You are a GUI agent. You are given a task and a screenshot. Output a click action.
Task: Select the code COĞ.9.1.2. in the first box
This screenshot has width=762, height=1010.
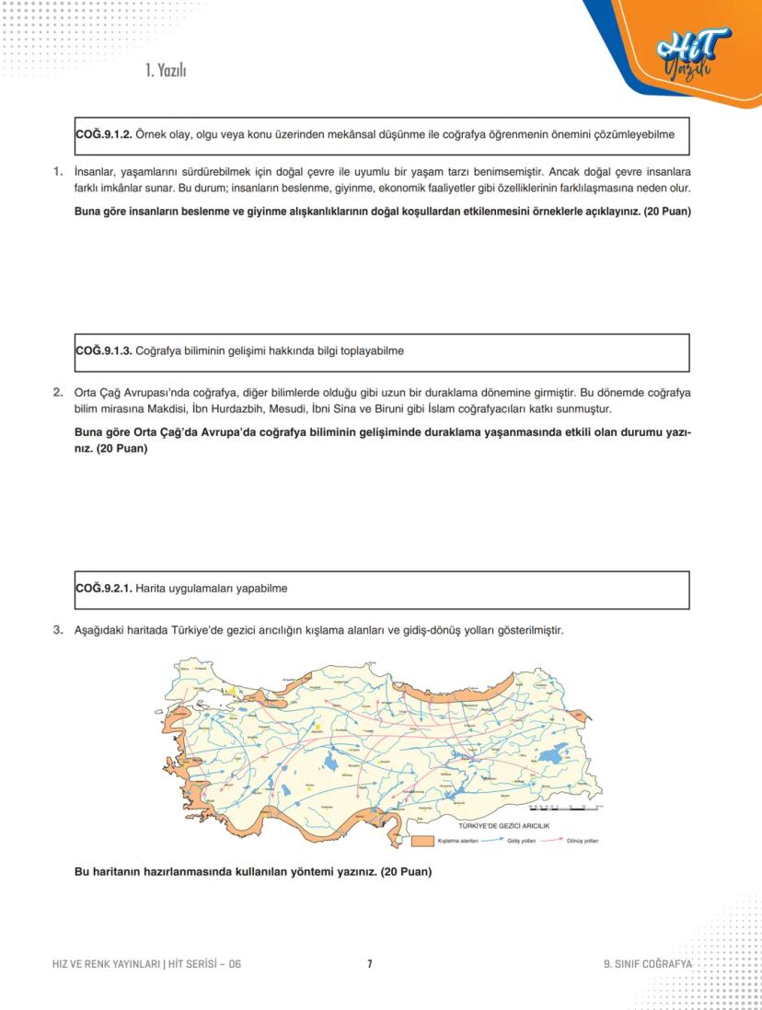103,135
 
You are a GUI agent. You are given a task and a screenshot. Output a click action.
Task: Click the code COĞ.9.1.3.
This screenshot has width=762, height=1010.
103,351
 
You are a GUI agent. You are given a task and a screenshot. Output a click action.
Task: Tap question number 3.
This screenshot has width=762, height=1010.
58,630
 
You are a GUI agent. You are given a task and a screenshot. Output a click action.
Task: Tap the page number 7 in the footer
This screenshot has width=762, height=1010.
369,964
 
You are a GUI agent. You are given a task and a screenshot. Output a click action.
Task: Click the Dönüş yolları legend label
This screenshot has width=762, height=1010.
583,841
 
